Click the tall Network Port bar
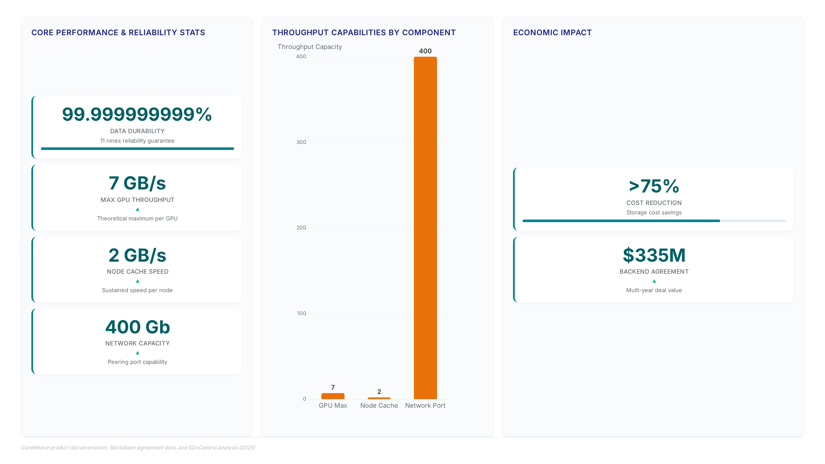coord(425,228)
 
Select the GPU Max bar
coord(333,396)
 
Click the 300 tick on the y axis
coord(301,142)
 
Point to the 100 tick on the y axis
coord(301,313)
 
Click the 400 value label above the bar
coord(425,51)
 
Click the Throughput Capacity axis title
coord(310,47)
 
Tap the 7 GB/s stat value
coord(137,183)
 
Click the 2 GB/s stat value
coord(137,255)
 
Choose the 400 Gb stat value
coord(137,327)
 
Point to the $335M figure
coord(654,255)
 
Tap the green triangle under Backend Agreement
coord(654,281)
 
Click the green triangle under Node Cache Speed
coord(137,281)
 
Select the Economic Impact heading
coord(552,33)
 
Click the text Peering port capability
coord(137,362)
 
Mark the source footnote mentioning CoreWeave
coord(138,447)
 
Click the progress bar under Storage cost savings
coord(654,221)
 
